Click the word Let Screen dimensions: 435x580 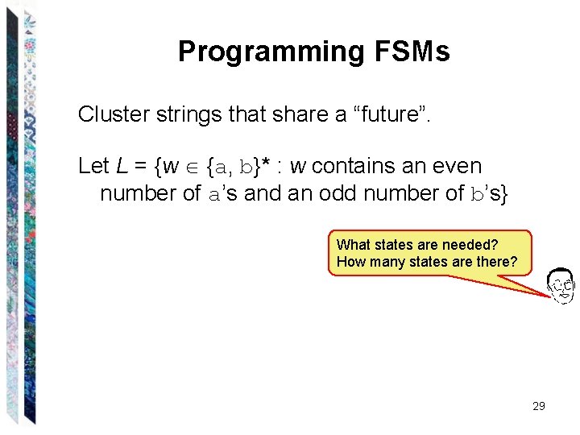tap(93, 166)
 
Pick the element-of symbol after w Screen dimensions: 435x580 tap(193, 167)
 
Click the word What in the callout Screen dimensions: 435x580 tap(353, 245)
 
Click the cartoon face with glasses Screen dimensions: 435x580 tap(561, 285)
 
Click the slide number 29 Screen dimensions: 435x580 tap(539, 406)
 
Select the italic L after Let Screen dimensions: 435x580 tap(121, 166)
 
